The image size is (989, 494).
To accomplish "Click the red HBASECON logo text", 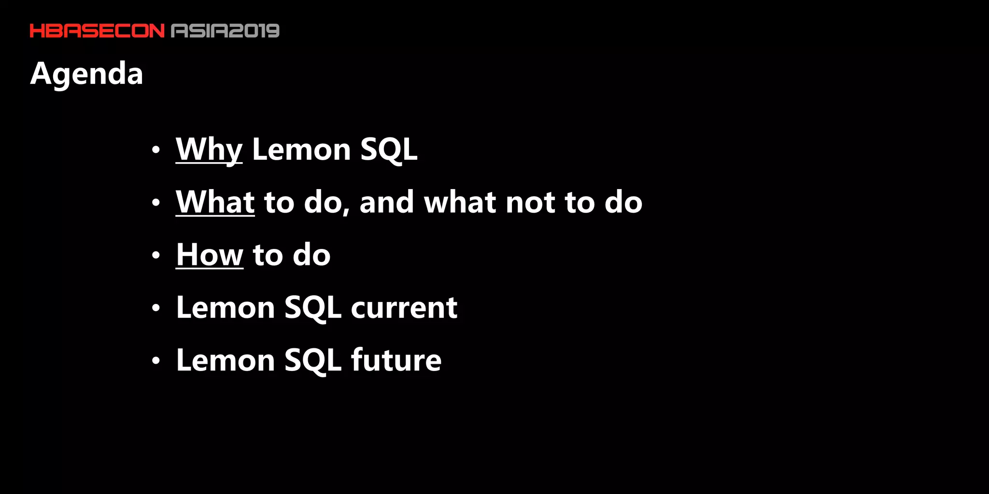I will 97,31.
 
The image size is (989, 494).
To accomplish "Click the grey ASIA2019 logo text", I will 226,31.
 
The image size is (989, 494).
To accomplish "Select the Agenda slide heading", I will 87,74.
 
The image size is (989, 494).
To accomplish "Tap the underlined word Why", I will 209,150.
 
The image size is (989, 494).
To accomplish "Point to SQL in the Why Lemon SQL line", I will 389,150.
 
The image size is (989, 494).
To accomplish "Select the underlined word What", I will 215,202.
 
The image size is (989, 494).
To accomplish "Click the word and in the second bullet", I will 386,202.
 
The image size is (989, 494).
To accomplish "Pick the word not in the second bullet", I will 530,202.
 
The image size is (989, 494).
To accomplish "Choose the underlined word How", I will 210,255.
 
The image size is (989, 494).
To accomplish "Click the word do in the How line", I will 311,255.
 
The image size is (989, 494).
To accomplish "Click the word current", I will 404,307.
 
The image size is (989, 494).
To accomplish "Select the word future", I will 396,360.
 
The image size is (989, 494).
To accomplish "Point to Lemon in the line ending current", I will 226,307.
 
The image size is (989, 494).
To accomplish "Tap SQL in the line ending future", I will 313,360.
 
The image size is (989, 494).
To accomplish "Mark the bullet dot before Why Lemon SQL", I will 155,150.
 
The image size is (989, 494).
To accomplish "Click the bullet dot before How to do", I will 155,255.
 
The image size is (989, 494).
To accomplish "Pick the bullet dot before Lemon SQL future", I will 155,360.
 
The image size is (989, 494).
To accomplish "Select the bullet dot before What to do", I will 155,203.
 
